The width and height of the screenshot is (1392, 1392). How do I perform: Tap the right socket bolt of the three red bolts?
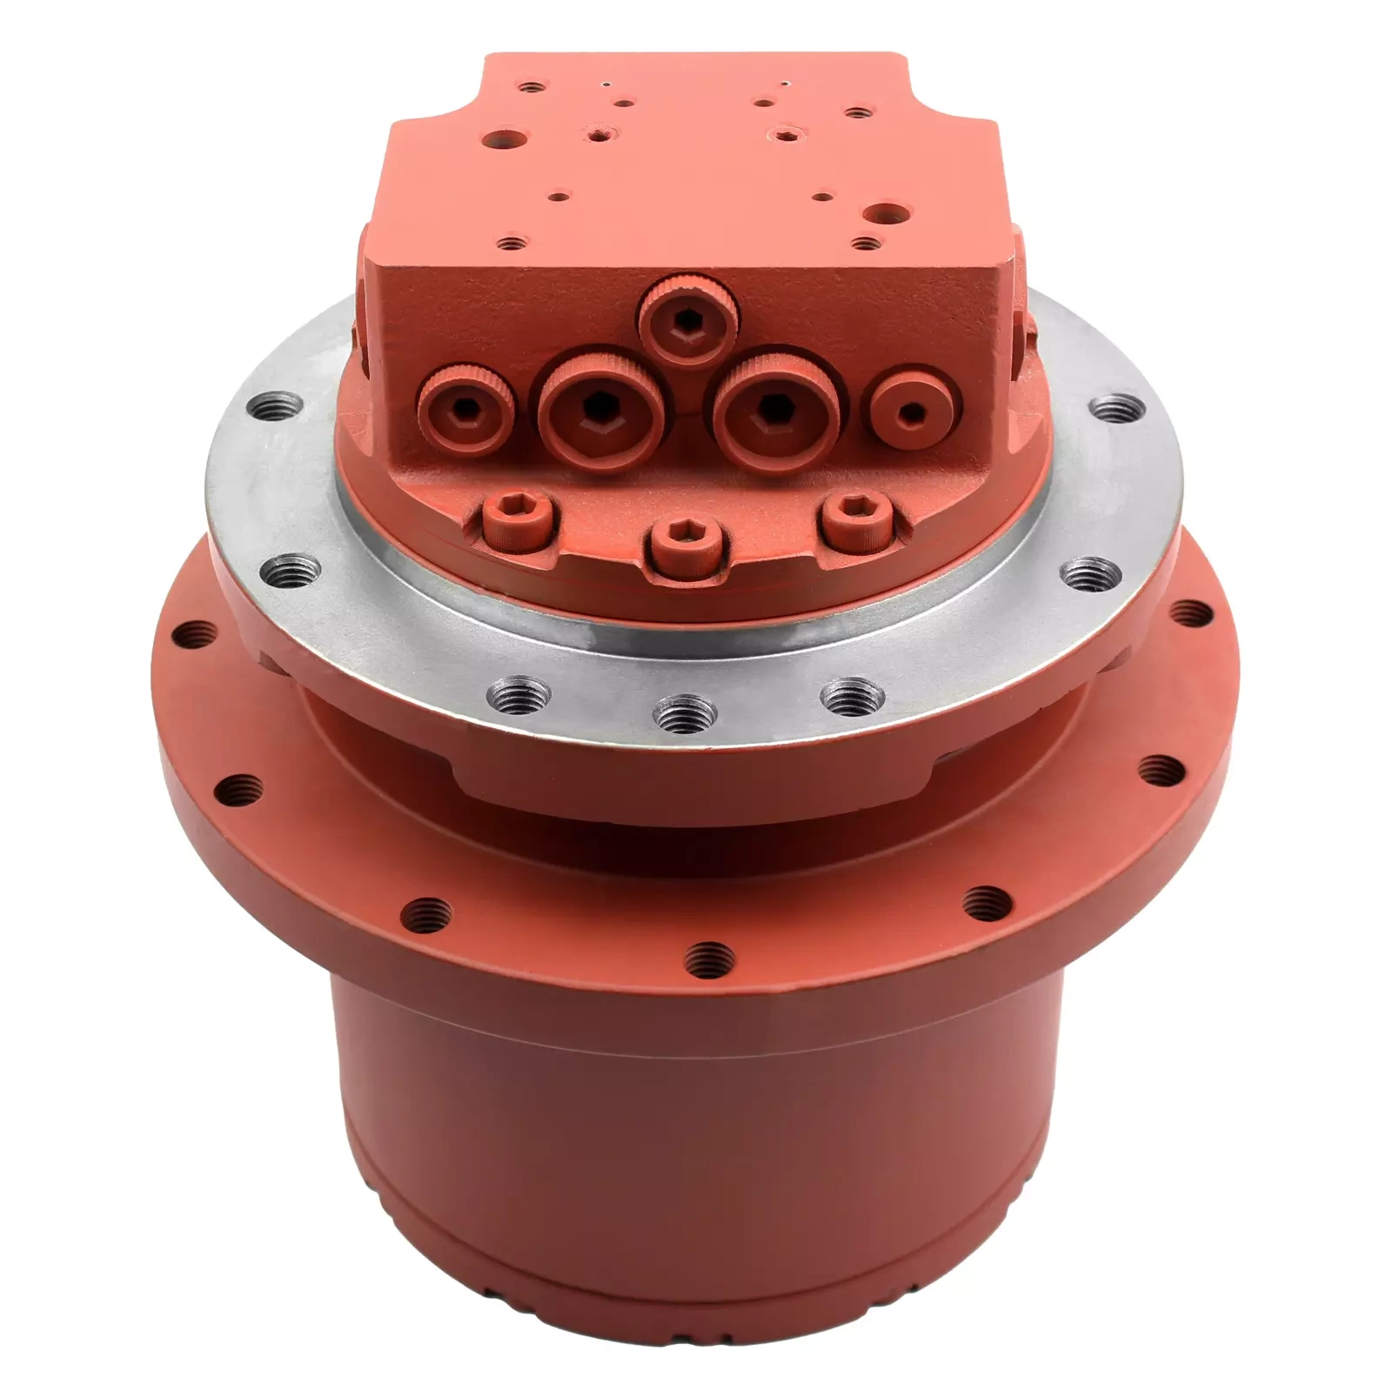pyautogui.click(x=856, y=520)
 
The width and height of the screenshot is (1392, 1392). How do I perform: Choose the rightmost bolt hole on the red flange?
pyautogui.click(x=1192, y=613)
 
